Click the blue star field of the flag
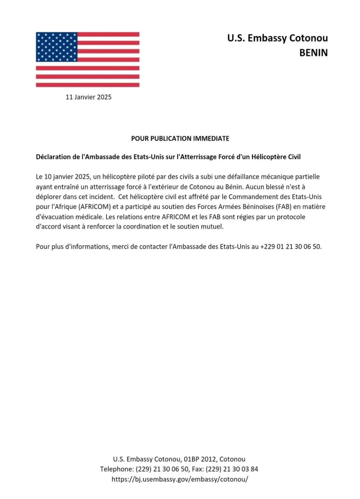56,47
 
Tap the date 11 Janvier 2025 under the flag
88,97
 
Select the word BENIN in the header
313,53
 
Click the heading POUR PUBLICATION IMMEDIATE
180,138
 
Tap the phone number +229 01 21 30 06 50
291,247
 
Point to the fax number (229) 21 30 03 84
232,469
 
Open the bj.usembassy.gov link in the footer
180,479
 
